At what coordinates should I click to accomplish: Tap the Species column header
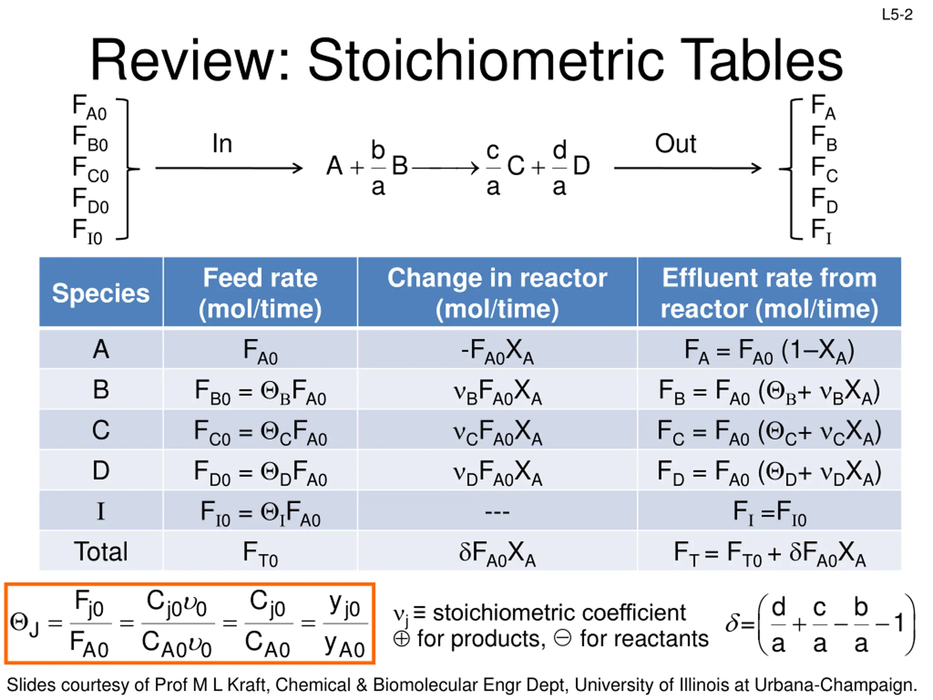point(101,293)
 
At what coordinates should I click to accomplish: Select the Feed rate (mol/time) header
point(260,293)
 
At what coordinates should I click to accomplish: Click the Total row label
point(101,552)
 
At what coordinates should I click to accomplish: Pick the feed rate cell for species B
point(260,391)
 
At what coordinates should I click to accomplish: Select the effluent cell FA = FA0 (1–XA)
point(769,351)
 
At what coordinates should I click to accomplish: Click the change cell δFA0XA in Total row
point(497,552)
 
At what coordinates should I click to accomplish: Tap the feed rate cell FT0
point(260,552)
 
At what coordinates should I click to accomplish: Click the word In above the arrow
point(222,144)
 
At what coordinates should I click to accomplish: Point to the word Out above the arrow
point(675,144)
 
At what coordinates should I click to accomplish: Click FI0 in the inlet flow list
point(87,232)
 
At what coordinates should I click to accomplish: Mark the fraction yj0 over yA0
point(345,624)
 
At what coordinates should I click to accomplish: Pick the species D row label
point(101,470)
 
